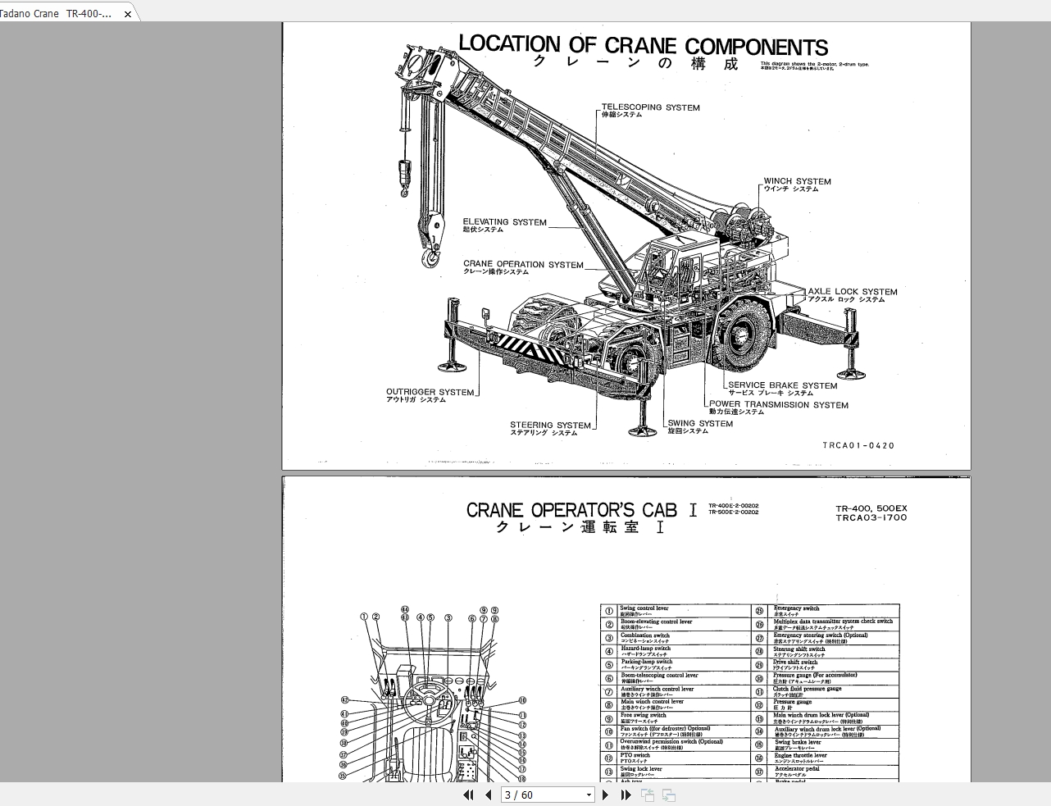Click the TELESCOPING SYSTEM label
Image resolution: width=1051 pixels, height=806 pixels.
650,107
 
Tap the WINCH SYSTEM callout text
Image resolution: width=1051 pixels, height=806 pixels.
797,181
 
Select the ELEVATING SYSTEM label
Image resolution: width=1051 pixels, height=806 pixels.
504,222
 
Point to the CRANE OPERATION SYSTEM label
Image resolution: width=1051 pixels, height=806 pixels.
523,265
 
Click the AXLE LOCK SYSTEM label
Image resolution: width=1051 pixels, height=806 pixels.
852,292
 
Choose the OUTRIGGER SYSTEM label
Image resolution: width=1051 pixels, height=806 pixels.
430,392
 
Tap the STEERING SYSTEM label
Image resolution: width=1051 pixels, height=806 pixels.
550,426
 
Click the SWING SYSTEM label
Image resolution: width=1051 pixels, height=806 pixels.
700,424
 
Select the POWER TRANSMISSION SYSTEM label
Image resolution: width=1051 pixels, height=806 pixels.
778,404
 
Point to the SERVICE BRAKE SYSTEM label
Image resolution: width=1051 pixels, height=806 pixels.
782,385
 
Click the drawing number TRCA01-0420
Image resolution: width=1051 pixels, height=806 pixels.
858,446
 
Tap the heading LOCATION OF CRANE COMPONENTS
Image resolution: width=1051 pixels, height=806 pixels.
643,46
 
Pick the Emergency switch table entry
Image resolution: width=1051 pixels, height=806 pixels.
796,608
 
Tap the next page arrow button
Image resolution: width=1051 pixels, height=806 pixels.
605,795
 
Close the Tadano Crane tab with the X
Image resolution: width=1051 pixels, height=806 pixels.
128,14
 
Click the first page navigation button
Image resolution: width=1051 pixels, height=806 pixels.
468,795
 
